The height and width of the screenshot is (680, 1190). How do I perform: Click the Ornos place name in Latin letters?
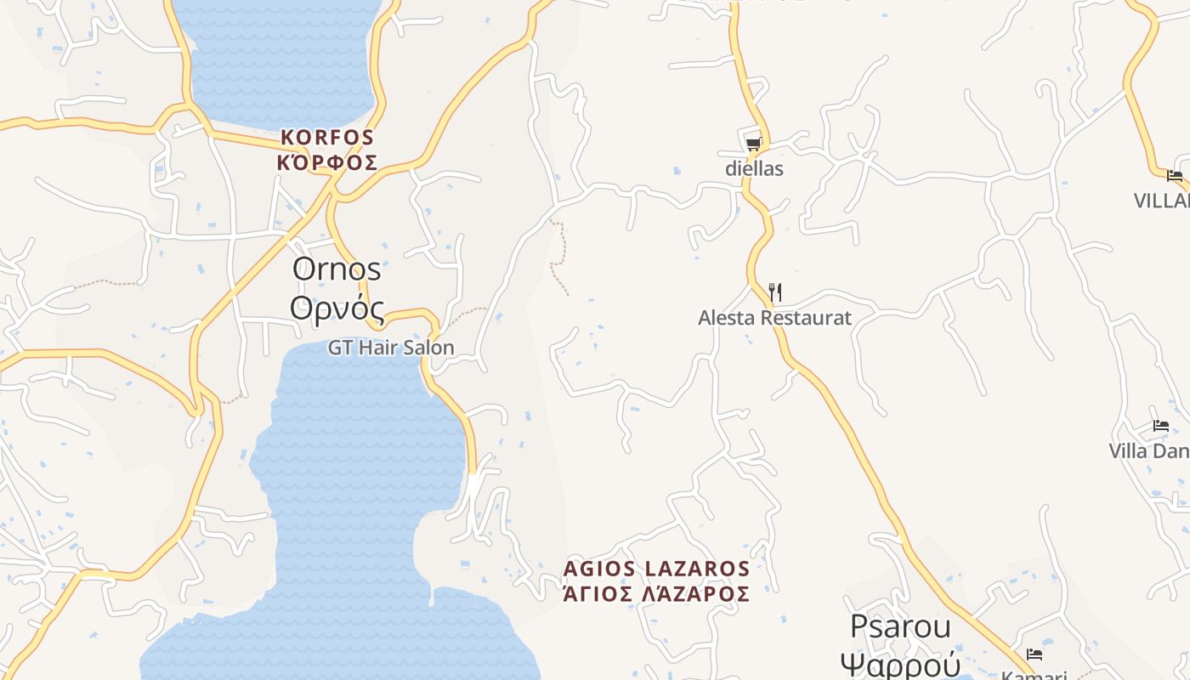point(337,269)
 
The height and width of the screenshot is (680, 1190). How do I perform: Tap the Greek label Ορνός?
point(337,308)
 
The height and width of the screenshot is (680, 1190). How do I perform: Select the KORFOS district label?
point(327,137)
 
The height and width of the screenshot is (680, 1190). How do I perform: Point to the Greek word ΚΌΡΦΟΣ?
point(327,162)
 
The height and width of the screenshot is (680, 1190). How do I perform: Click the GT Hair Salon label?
point(391,348)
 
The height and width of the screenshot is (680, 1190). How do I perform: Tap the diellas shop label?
point(754,168)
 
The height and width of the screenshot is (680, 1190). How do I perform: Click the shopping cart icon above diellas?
point(753,144)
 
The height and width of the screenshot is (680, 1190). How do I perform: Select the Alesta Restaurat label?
point(774,318)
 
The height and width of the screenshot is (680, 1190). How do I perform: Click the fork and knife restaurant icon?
point(774,293)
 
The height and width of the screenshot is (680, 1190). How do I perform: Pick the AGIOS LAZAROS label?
point(657,569)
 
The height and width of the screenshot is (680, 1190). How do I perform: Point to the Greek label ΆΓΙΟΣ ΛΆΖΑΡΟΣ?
point(657,593)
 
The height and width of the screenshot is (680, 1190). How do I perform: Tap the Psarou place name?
point(900,626)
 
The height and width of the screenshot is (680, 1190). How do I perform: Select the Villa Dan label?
point(1148,450)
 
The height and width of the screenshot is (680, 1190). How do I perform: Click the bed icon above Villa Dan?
point(1161,426)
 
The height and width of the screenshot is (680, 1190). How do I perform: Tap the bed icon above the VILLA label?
point(1175,176)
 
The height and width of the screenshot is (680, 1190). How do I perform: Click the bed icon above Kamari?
point(1034,654)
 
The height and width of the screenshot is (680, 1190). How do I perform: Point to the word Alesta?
point(723,318)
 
